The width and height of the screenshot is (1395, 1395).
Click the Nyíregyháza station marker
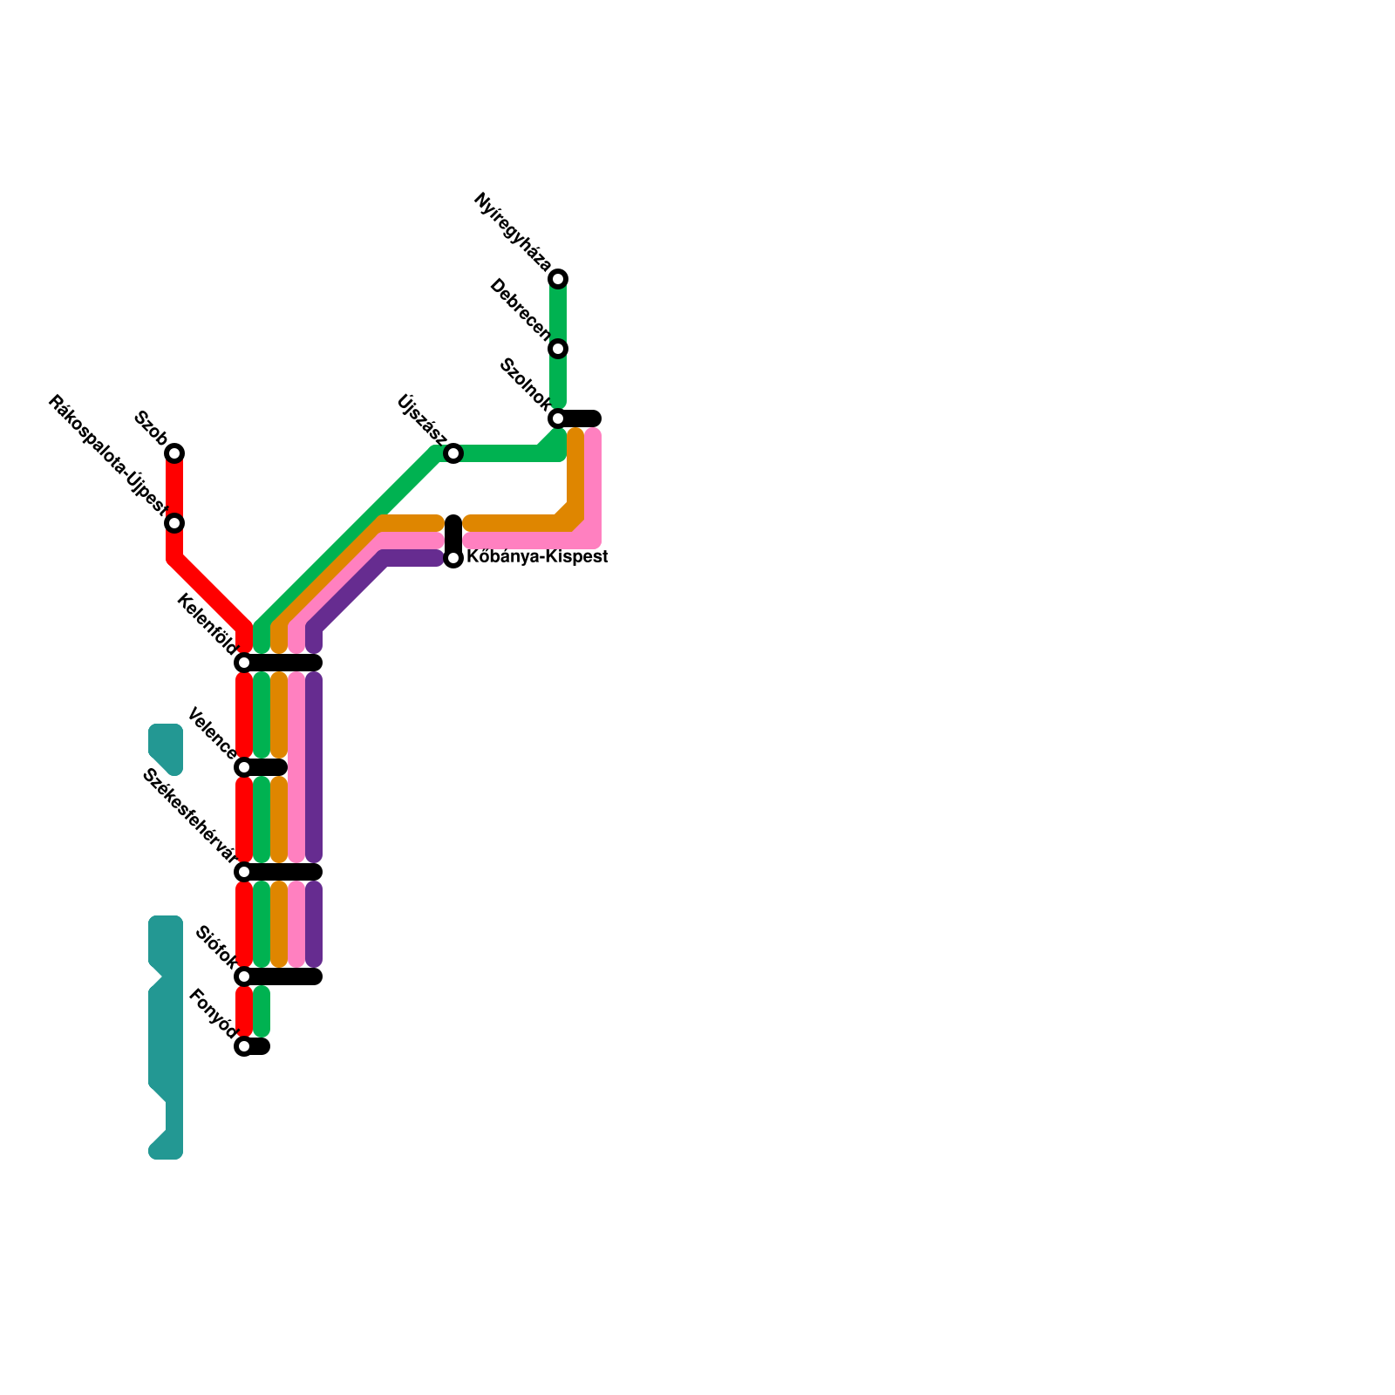point(558,279)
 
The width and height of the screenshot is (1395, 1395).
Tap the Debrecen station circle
point(558,349)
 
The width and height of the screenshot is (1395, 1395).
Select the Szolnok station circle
point(558,418)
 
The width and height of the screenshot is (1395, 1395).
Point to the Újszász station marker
point(453,453)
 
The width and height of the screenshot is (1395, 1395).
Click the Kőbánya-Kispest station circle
point(453,558)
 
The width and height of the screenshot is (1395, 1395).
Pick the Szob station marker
point(174,453)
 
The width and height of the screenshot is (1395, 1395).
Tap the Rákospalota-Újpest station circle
point(174,523)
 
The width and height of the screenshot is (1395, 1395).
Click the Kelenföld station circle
point(244,663)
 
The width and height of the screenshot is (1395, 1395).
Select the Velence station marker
point(244,767)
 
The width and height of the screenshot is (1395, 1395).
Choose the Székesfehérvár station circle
point(244,872)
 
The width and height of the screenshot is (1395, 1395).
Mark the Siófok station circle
point(244,976)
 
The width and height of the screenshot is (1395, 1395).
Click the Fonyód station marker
point(244,1046)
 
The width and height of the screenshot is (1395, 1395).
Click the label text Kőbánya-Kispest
point(537,557)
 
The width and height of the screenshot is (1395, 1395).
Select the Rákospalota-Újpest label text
point(106,454)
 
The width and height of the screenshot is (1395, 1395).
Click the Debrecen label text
point(521,310)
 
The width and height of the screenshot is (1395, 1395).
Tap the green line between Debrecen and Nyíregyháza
point(558,314)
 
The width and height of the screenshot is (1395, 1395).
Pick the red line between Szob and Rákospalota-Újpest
point(174,488)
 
